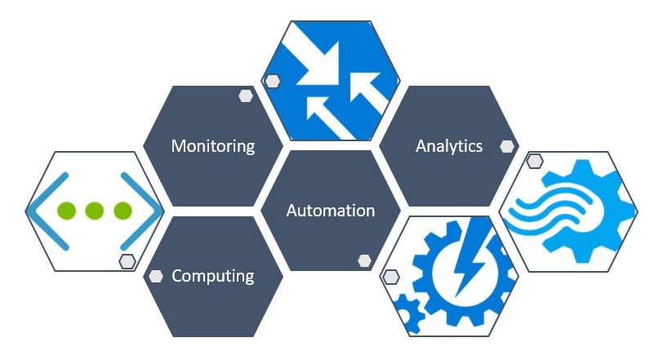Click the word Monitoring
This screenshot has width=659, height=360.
[x=212, y=146]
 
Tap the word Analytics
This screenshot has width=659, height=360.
[x=448, y=146]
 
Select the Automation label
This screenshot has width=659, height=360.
[x=330, y=210]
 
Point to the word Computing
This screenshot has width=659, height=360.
[x=212, y=276]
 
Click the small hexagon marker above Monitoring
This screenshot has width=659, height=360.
[x=245, y=96]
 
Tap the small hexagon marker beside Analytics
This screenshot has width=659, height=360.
[x=507, y=147]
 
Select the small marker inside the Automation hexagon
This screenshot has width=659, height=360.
[x=364, y=260]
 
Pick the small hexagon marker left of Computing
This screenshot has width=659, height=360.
[x=154, y=276]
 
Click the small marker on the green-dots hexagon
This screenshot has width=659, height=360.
[x=127, y=261]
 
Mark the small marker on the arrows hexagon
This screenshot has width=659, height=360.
[x=272, y=81]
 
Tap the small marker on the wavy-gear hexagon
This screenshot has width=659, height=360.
[x=534, y=161]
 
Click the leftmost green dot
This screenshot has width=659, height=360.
[x=66, y=211]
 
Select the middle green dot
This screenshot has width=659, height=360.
[x=95, y=211]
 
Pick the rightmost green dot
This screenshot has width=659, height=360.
[x=122, y=211]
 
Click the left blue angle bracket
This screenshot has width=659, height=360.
[x=39, y=211]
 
